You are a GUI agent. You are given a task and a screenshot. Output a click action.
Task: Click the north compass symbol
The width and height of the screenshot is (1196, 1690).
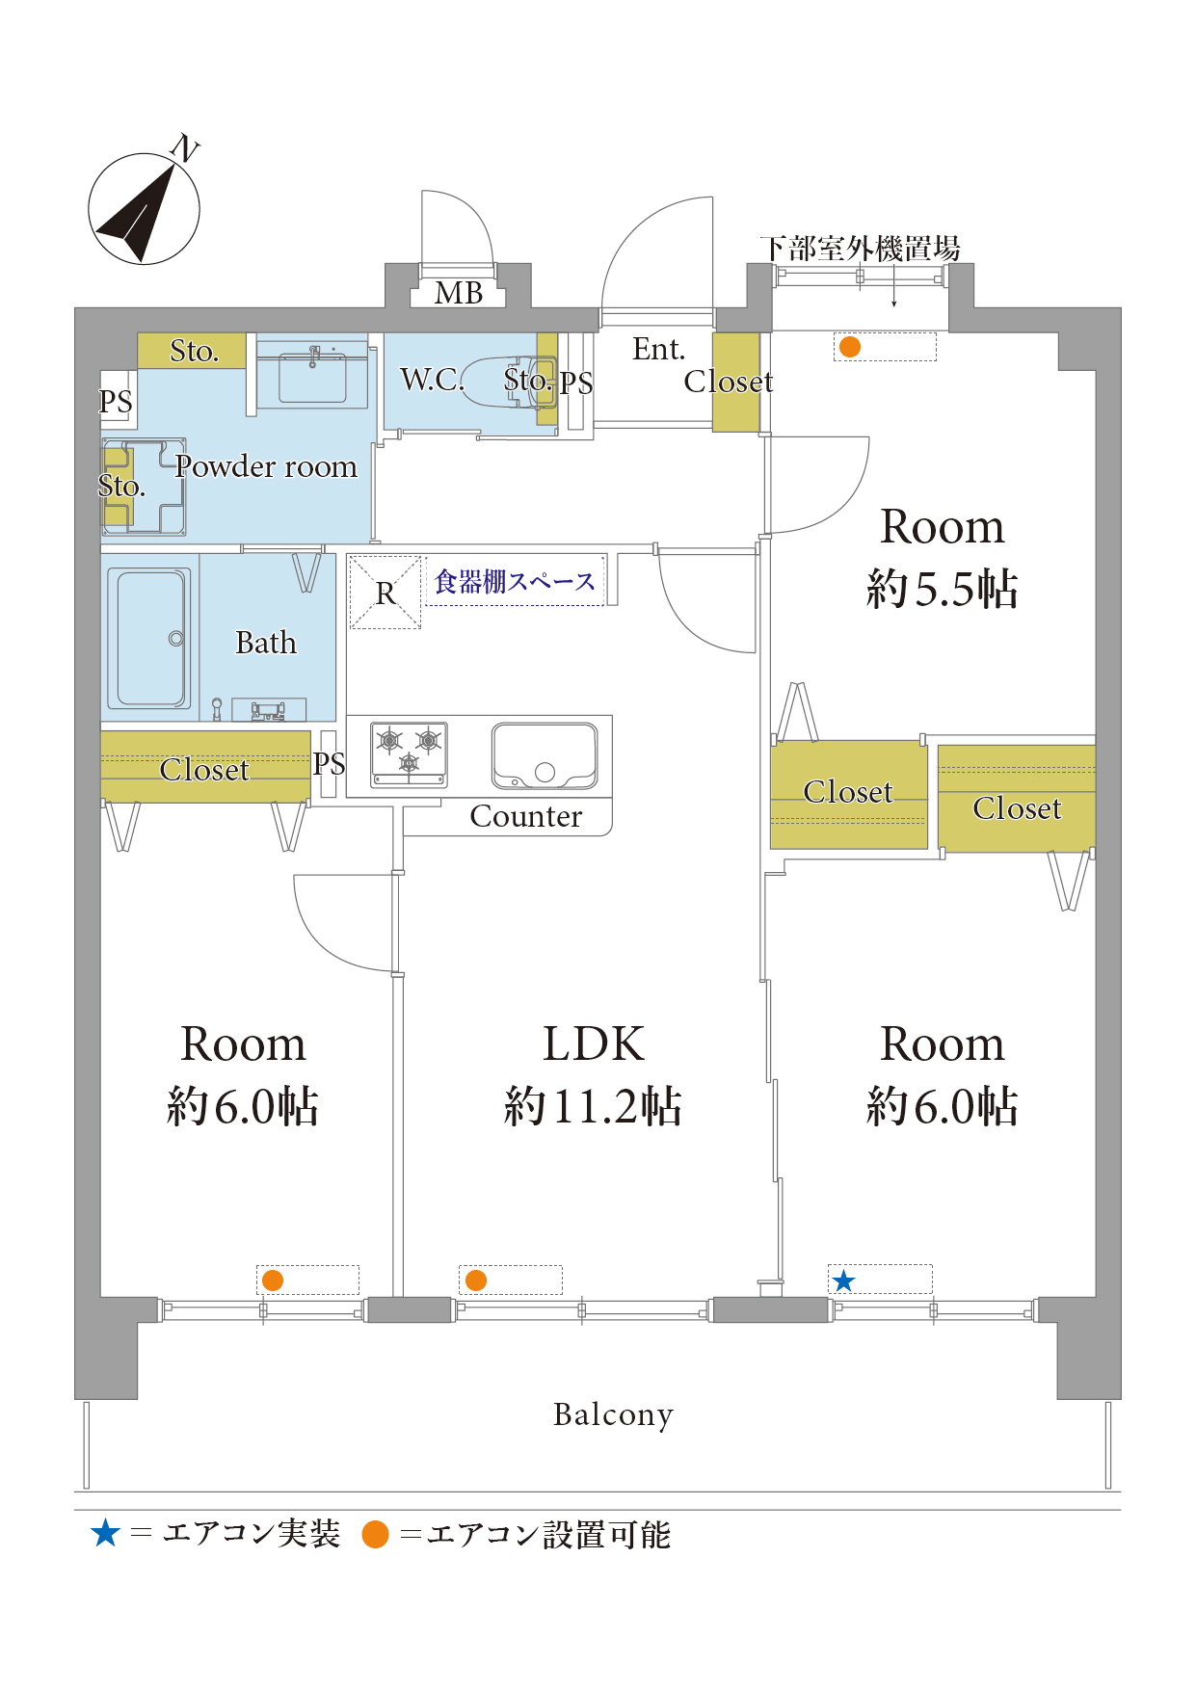click(144, 208)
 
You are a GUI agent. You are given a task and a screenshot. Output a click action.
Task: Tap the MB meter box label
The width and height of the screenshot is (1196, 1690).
click(459, 292)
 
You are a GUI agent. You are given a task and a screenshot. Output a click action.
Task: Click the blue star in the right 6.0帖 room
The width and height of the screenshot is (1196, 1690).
click(843, 1281)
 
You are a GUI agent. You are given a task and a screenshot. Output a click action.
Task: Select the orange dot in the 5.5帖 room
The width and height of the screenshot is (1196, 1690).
click(849, 347)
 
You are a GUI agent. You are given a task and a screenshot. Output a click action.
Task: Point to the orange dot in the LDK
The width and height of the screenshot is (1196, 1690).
click(476, 1281)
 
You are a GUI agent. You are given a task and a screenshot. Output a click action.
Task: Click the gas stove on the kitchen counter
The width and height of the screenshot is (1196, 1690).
click(410, 753)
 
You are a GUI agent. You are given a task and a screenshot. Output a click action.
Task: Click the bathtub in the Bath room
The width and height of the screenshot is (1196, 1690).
click(149, 638)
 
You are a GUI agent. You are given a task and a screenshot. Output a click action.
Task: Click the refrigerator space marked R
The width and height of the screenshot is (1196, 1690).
click(385, 593)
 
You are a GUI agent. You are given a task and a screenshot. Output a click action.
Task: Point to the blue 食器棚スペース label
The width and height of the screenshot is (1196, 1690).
click(516, 582)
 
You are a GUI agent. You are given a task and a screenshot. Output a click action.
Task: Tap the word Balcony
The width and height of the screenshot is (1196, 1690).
click(613, 1414)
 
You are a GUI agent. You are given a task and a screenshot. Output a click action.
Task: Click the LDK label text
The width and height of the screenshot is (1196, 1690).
click(594, 1043)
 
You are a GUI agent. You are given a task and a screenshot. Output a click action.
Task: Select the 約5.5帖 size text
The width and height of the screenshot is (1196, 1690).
click(943, 588)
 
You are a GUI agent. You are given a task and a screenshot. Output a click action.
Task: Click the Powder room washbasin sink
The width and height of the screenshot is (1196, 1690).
click(312, 377)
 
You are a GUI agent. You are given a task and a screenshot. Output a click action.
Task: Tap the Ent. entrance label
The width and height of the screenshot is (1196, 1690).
click(659, 349)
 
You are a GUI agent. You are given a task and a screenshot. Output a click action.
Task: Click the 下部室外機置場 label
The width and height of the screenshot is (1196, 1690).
click(861, 249)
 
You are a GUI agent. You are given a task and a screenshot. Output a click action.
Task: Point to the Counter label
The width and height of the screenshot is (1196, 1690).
click(526, 816)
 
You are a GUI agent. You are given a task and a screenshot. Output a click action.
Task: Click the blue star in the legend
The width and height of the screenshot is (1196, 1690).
click(105, 1533)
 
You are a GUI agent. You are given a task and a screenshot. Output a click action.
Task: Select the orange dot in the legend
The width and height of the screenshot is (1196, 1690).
click(375, 1534)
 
